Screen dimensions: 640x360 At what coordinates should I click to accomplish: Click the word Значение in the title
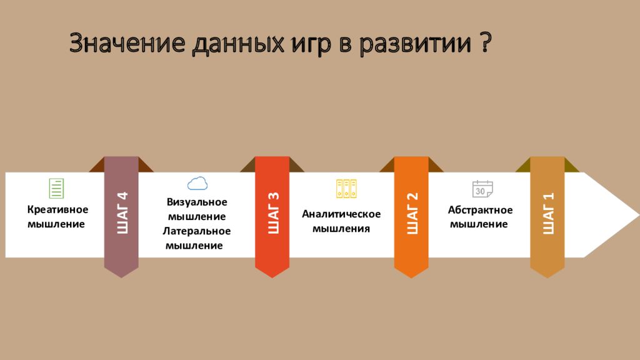[127, 43]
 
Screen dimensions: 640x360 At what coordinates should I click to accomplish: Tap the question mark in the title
[485, 42]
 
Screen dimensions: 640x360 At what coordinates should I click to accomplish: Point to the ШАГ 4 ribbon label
[122, 212]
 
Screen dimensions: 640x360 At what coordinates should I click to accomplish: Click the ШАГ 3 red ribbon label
[273, 212]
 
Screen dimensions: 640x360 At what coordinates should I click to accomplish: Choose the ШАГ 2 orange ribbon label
[412, 213]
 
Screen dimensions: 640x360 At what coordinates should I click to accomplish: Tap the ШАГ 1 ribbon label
[548, 213]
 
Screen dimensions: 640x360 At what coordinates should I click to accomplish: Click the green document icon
[56, 188]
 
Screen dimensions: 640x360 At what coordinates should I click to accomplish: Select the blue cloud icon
[197, 184]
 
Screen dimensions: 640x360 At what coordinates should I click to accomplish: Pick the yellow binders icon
[346, 189]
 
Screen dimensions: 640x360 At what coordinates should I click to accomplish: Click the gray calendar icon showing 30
[482, 189]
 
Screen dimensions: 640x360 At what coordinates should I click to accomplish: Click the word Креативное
[57, 209]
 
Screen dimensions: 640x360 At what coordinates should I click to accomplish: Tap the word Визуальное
[197, 202]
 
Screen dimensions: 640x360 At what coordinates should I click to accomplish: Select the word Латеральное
[197, 231]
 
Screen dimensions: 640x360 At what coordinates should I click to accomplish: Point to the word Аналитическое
[341, 214]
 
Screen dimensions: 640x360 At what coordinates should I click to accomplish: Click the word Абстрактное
[480, 210]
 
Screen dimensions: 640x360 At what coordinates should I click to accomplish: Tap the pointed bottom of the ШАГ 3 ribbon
[272, 277]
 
